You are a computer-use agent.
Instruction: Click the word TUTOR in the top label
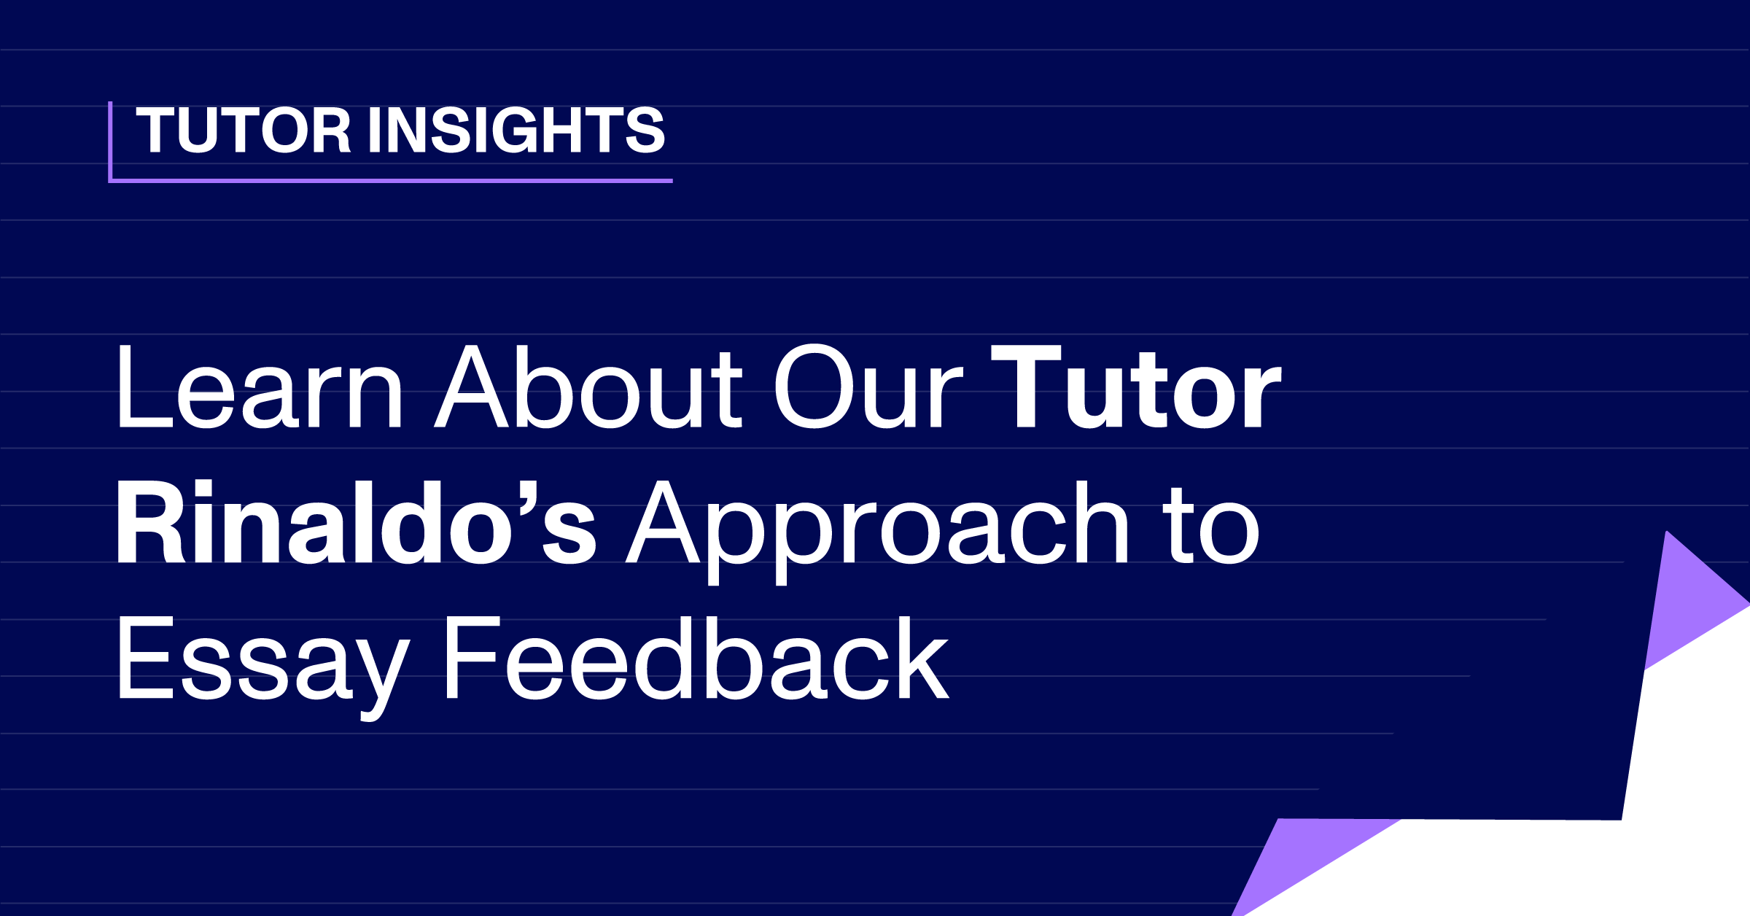point(244,130)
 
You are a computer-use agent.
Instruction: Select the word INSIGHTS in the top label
point(516,130)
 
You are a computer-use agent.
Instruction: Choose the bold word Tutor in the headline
point(1136,387)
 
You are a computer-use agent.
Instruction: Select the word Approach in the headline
point(878,532)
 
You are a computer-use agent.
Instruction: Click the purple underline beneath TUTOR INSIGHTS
point(390,180)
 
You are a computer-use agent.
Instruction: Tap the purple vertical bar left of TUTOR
point(110,141)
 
